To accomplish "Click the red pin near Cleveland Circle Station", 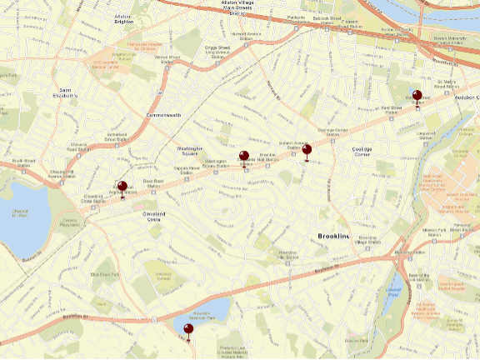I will (x=122, y=187).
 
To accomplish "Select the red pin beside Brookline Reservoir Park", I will (x=189, y=331).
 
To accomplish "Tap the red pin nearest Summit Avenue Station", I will (x=307, y=151).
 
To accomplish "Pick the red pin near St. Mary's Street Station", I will (x=417, y=97).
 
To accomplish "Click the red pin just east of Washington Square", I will (x=244, y=157).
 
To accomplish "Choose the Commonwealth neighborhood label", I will (x=163, y=114).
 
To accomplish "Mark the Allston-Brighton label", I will (x=122, y=19).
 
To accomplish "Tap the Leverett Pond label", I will (x=395, y=291).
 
